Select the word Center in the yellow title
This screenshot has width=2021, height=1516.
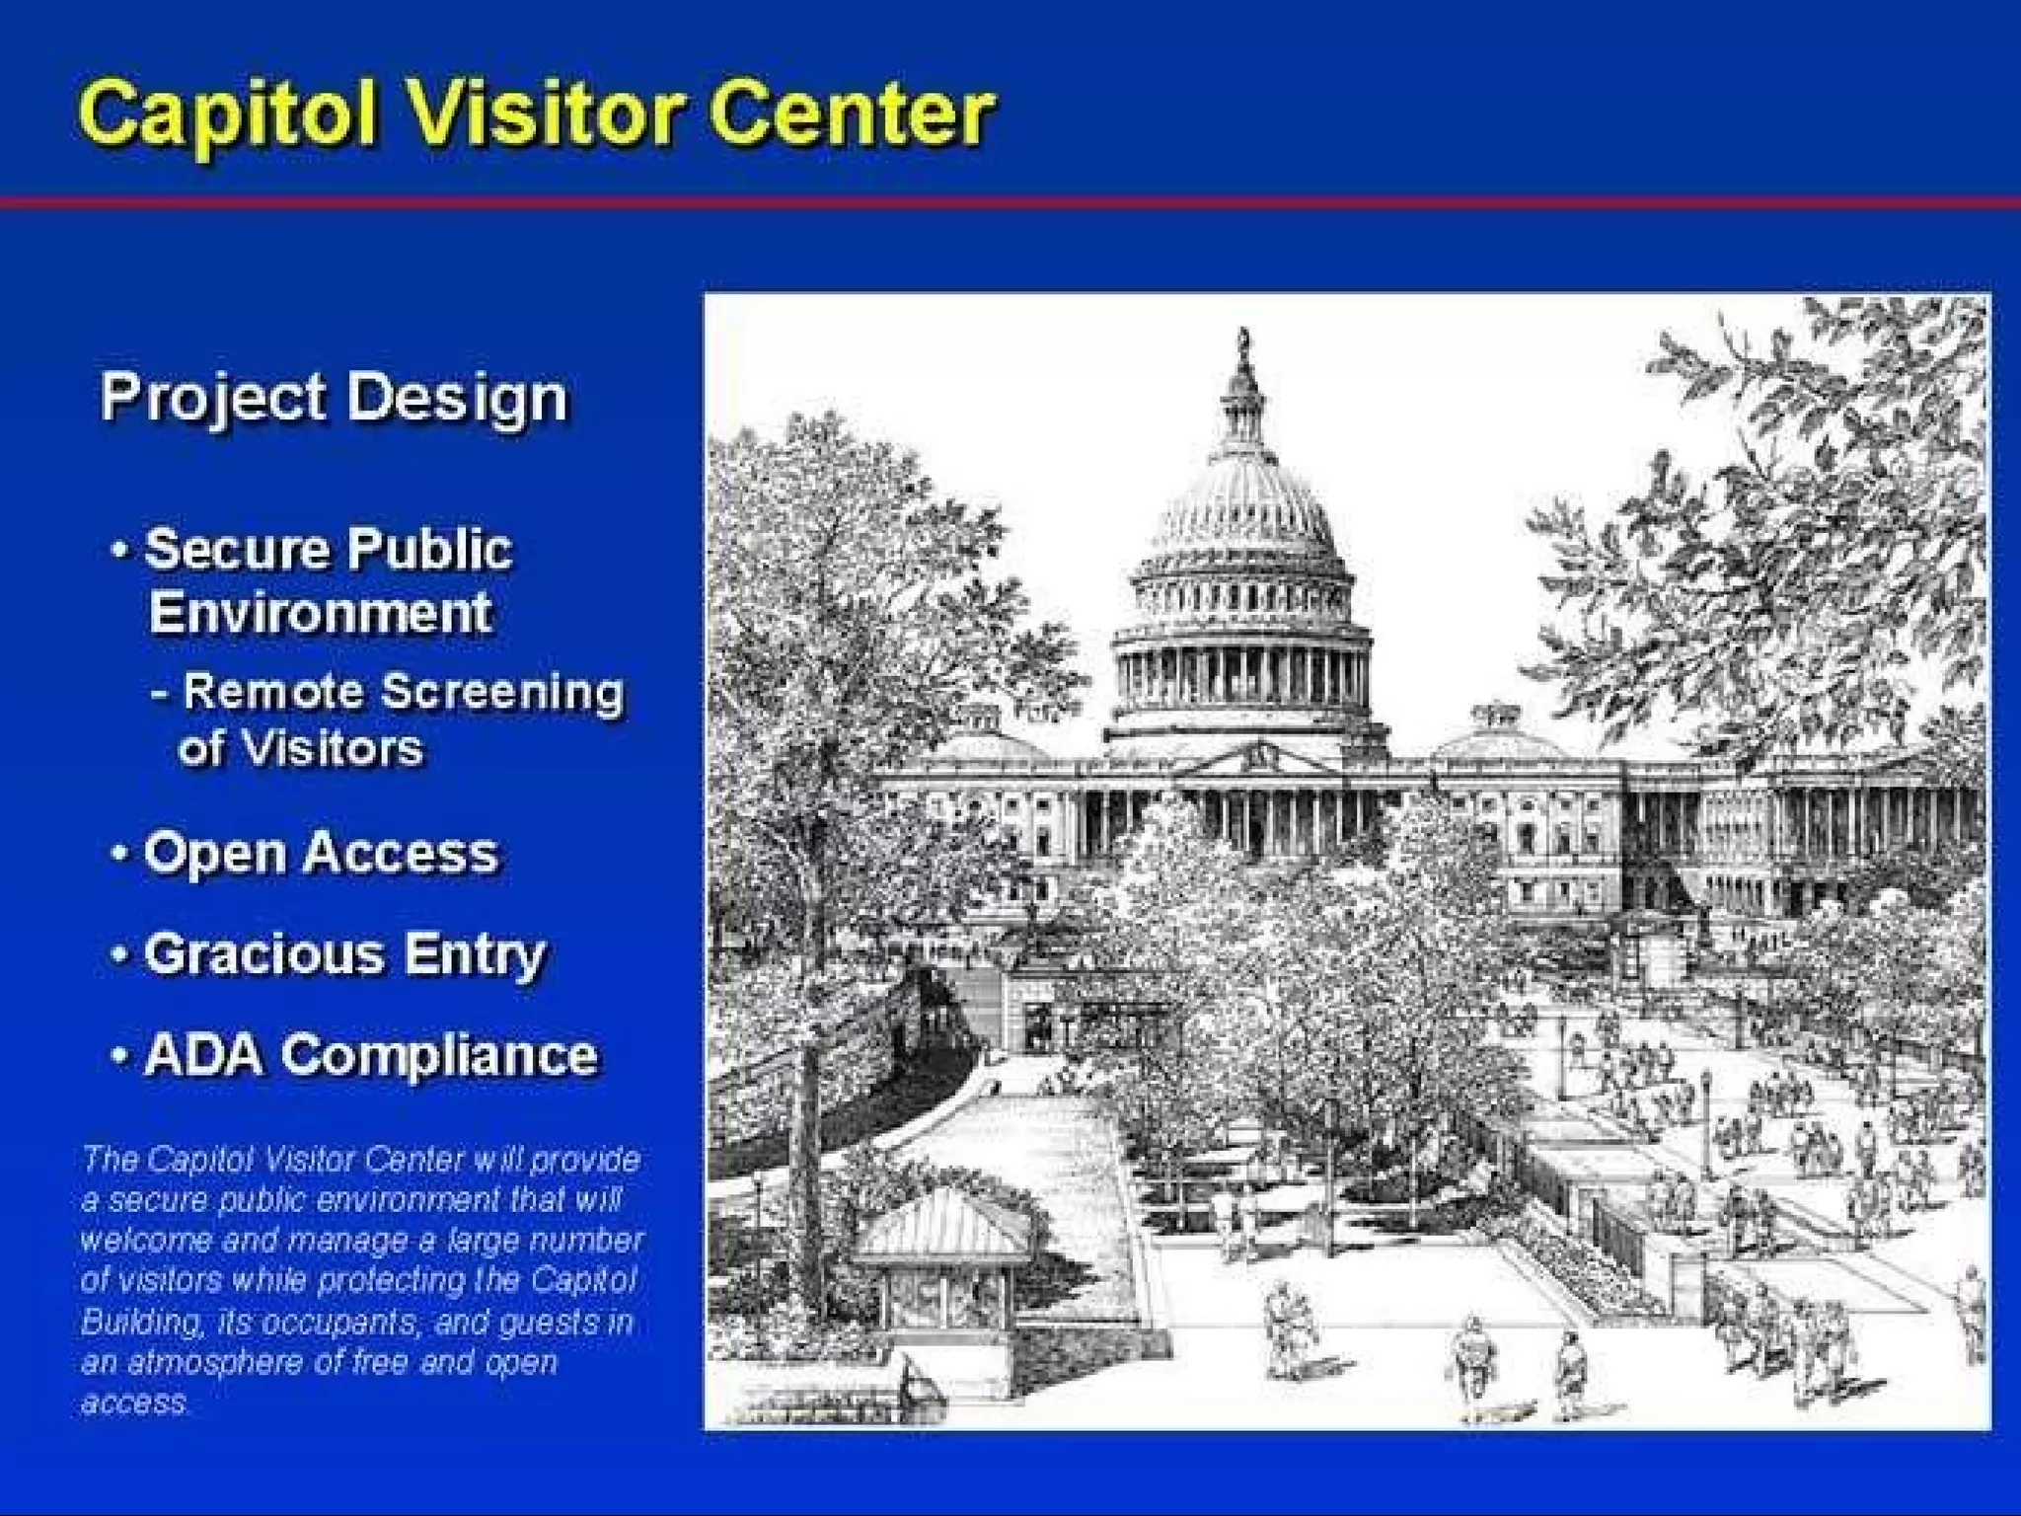851,114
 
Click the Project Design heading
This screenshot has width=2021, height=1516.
335,398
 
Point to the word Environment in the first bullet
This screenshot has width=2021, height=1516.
320,613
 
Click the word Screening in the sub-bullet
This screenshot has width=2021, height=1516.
503,691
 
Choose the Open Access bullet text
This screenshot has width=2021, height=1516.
321,853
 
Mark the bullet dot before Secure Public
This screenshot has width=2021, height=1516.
119,550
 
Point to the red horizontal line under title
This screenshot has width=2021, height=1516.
1010,203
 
